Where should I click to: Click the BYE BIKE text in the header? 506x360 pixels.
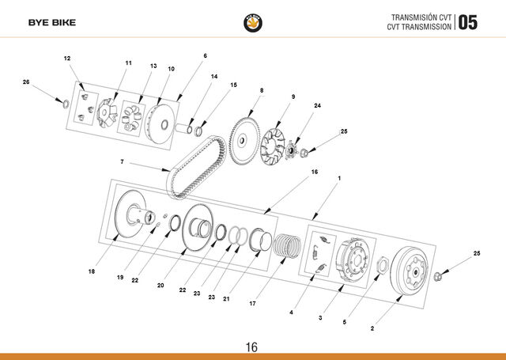[x=52, y=23]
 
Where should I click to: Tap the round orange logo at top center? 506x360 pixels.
[x=253, y=23]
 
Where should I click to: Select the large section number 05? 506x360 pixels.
[x=467, y=22]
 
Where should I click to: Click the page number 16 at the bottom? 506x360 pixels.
[x=251, y=347]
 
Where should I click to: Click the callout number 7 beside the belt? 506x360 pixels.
[x=122, y=161]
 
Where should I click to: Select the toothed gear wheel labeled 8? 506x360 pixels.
[x=244, y=141]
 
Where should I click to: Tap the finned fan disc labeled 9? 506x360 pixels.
[x=273, y=146]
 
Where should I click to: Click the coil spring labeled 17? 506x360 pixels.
[x=287, y=245]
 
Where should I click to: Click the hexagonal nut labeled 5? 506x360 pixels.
[x=383, y=265]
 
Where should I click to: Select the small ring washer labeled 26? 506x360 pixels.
[x=66, y=104]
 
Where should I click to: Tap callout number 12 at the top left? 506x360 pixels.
[x=66, y=59]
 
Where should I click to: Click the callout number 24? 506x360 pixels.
[x=318, y=105]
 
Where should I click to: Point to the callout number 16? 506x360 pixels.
[x=315, y=172]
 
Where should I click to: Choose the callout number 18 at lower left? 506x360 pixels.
[x=92, y=271]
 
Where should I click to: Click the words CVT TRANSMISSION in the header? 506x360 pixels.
[x=419, y=27]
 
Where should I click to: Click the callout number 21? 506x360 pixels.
[x=226, y=299]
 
